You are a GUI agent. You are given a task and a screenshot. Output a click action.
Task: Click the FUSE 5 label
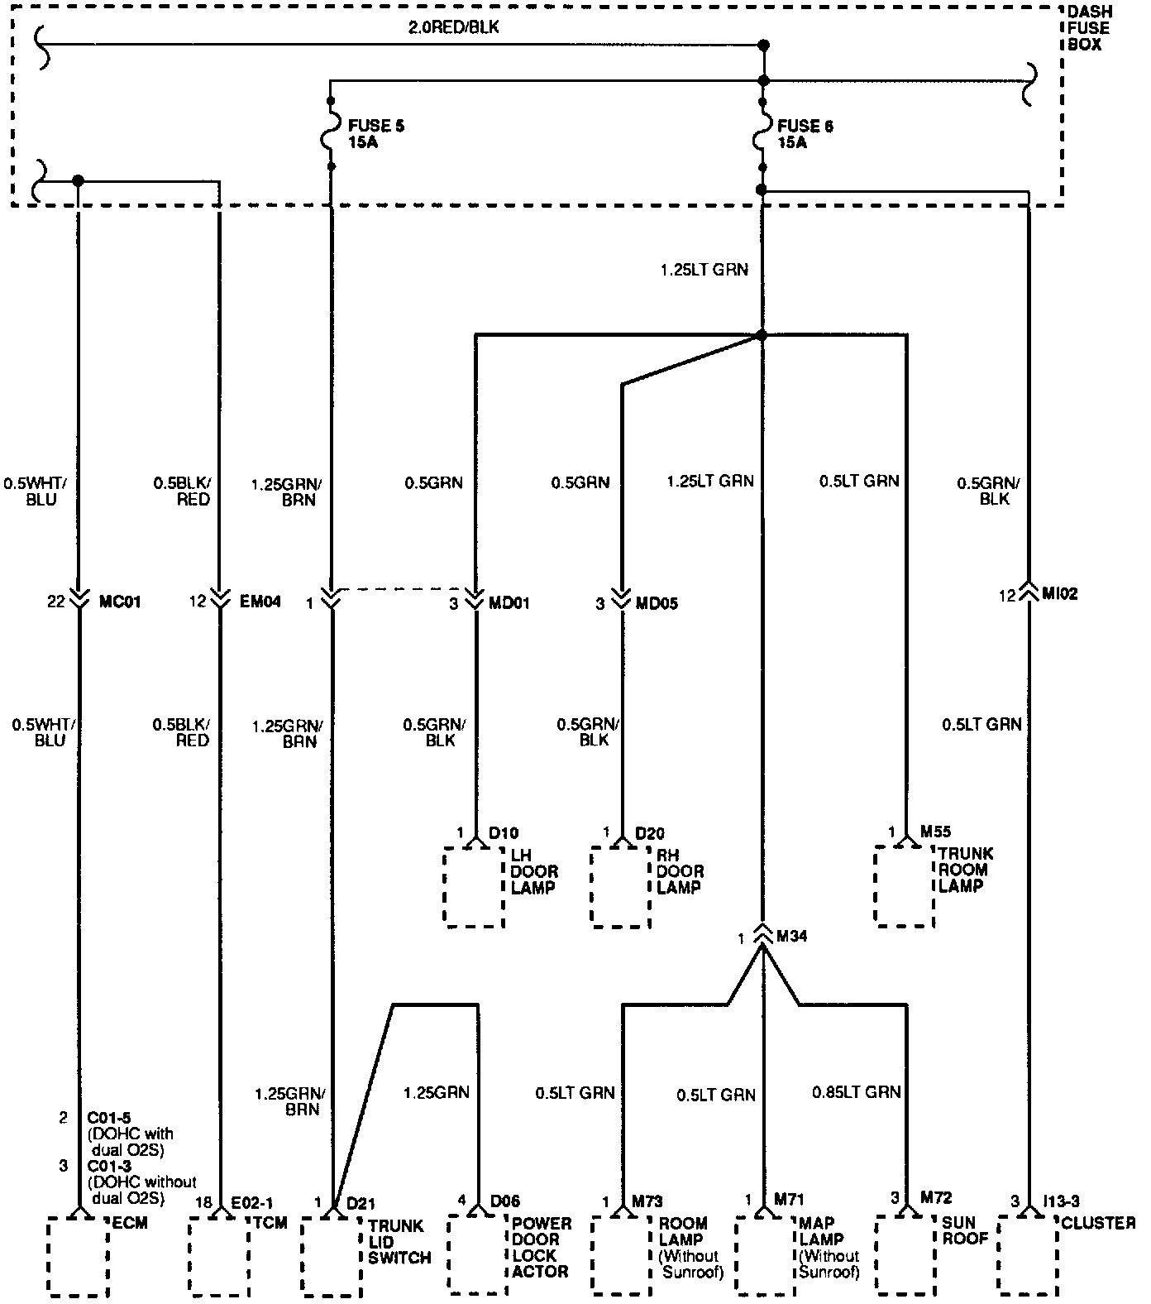(x=375, y=134)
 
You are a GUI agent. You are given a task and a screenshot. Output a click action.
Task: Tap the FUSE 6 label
(x=805, y=134)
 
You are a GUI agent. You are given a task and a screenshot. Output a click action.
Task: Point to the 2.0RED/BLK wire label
(x=454, y=27)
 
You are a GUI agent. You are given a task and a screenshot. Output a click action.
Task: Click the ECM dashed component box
(x=78, y=1257)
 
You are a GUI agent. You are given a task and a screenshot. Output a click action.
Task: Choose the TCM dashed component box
(x=219, y=1257)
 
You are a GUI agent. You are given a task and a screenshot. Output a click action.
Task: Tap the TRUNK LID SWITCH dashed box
(x=331, y=1257)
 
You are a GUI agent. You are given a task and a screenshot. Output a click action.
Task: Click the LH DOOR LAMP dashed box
(x=475, y=886)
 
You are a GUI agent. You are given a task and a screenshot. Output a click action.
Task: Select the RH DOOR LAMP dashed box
(x=620, y=886)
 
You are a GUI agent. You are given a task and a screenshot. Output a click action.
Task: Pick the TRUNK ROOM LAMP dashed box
(x=905, y=885)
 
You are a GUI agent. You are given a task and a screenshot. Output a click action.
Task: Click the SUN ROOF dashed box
(x=906, y=1255)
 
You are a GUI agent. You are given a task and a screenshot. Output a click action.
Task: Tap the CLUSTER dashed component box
(x=1028, y=1255)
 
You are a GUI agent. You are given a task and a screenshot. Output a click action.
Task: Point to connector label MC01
(x=121, y=602)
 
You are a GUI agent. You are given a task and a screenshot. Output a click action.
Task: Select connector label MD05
(x=657, y=604)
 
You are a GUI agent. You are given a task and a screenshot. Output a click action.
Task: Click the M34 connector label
(x=792, y=937)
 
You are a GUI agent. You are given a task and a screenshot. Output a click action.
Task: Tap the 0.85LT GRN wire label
(x=856, y=1092)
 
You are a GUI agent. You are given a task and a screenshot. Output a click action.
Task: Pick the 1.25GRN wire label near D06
(x=436, y=1092)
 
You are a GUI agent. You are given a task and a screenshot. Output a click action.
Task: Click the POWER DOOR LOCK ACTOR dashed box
(x=478, y=1255)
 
